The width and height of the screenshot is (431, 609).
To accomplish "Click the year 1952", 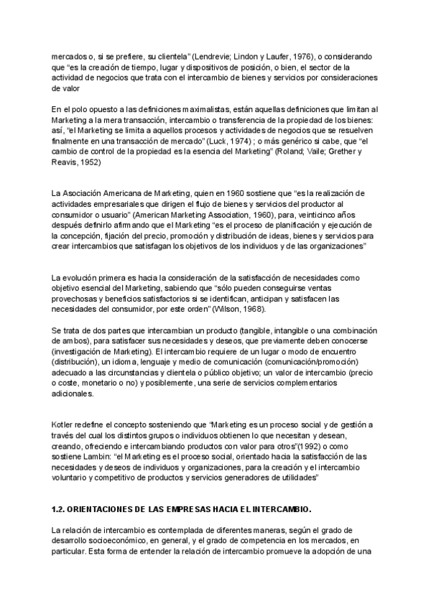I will tap(89, 163).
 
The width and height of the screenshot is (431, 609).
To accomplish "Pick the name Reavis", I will tap(64, 163).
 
